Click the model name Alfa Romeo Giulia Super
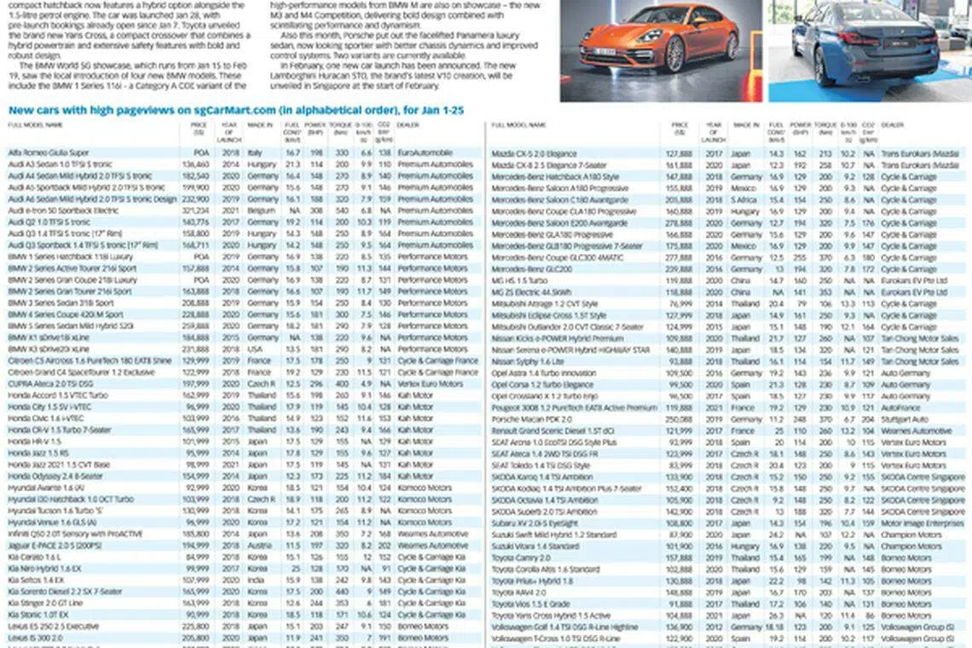tap(49, 153)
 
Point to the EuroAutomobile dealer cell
tap(425, 153)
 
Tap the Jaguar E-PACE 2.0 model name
tap(55, 545)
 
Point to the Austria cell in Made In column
tap(258, 545)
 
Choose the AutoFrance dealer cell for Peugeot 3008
tap(900, 408)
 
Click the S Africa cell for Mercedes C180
tap(743, 200)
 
